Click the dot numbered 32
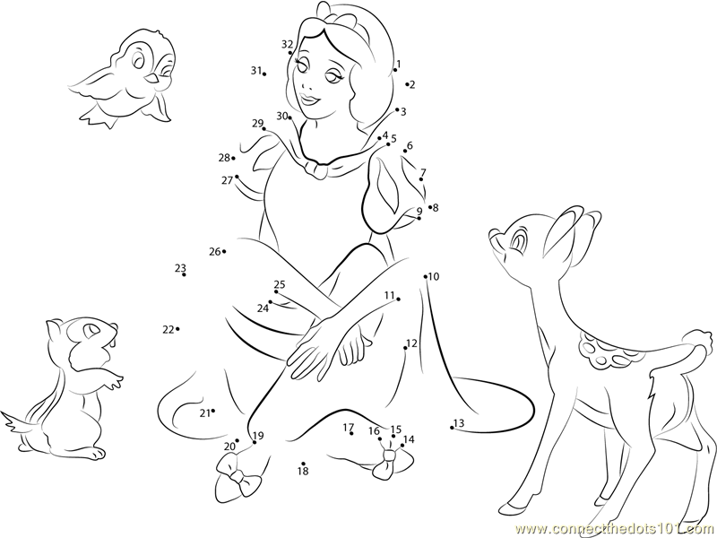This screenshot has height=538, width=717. click(x=290, y=53)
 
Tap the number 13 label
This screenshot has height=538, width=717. click(x=459, y=423)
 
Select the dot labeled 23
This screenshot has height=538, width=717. click(x=184, y=274)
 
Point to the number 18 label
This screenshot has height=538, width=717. click(x=303, y=472)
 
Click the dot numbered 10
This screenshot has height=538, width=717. click(x=425, y=276)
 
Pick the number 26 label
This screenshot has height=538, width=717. click(x=215, y=251)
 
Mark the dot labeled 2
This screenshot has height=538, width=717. click(x=407, y=84)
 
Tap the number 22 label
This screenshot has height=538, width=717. click(x=168, y=329)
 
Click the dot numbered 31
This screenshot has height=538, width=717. click(x=264, y=74)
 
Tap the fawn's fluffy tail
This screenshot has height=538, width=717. click(x=697, y=341)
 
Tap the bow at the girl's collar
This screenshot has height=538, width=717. click(x=315, y=169)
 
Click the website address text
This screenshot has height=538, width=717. click(x=616, y=529)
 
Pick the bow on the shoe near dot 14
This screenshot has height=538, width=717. click(x=389, y=462)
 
